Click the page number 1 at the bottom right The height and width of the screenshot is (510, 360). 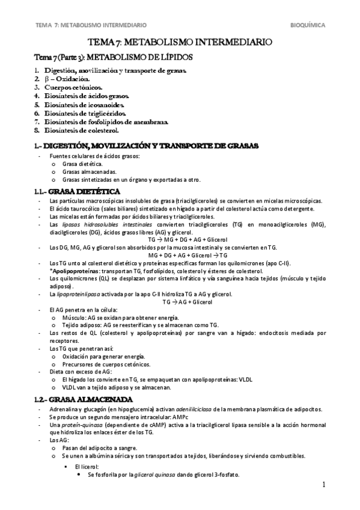coord(323,485)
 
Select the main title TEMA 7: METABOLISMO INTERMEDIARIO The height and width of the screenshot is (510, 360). coord(180,43)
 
